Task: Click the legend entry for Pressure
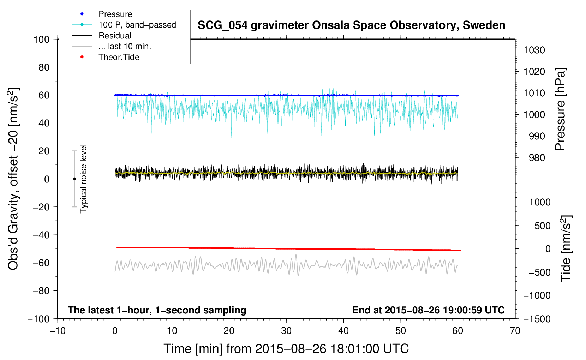click(x=115, y=14)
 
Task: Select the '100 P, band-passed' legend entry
click(x=137, y=25)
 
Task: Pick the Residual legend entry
click(x=115, y=36)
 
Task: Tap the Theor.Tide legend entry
click(x=119, y=57)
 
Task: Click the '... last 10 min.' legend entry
click(x=125, y=46)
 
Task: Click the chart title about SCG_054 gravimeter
click(x=351, y=25)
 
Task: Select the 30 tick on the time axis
click(x=286, y=331)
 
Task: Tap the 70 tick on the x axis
click(x=515, y=331)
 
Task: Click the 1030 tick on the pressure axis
click(x=534, y=50)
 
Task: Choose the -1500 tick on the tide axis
click(x=537, y=319)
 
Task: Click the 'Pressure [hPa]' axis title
click(x=560, y=109)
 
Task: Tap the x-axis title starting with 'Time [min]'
click(x=286, y=349)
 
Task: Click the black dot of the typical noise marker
click(x=74, y=179)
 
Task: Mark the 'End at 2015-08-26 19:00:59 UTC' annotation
click(x=428, y=310)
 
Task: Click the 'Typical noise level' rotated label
click(x=83, y=179)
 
